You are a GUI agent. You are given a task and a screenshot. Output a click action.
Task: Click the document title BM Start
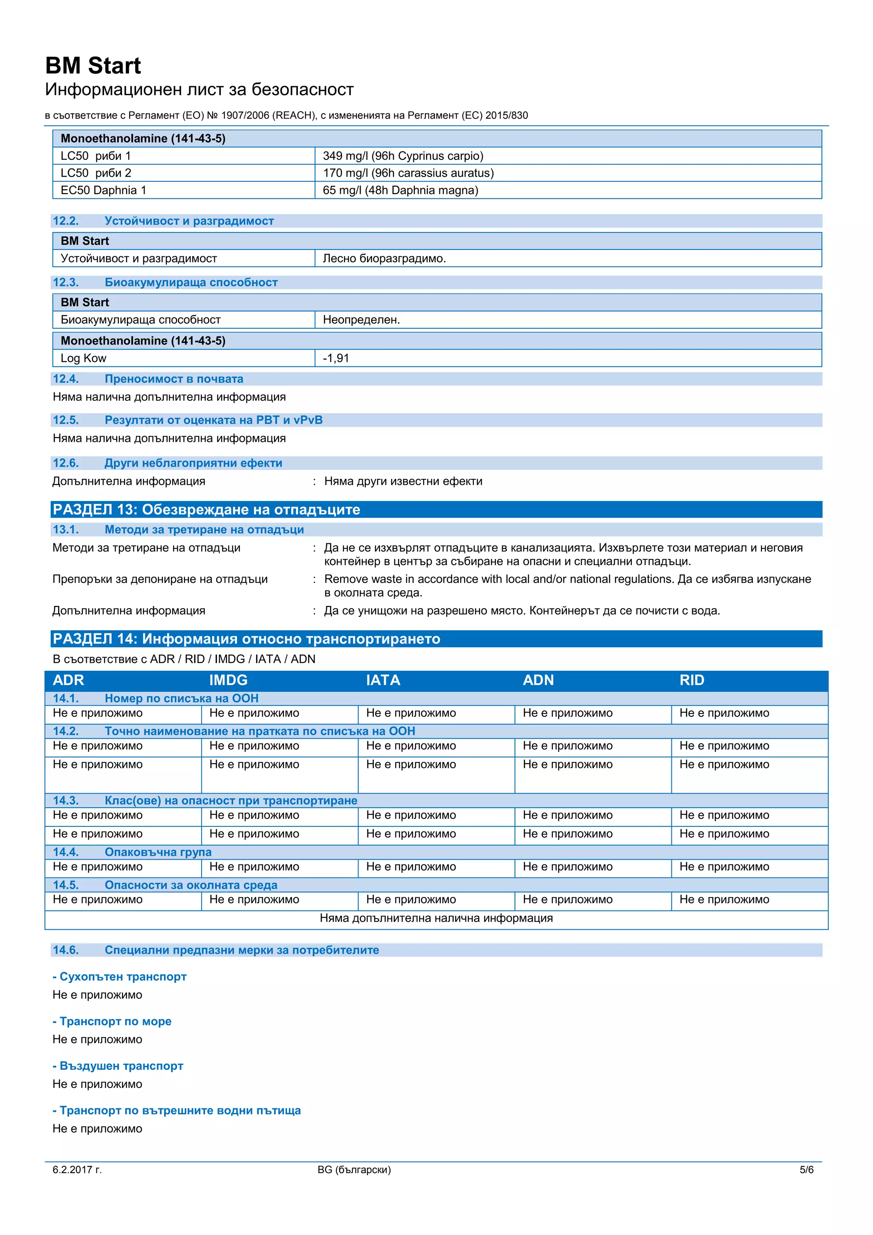[93, 66]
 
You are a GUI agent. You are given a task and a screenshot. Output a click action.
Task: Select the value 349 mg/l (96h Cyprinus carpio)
[403, 156]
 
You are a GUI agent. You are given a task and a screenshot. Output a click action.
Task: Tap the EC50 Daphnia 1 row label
[103, 191]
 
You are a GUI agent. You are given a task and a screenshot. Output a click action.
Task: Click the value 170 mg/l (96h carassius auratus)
[408, 173]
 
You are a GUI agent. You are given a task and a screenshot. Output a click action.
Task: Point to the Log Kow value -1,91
[336, 358]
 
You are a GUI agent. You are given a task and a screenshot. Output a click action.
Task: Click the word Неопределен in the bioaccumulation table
[361, 320]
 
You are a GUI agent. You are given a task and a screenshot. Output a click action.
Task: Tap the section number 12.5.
[66, 420]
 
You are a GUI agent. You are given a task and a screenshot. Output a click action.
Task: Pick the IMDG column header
[228, 681]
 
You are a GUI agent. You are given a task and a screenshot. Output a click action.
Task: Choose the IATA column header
[383, 681]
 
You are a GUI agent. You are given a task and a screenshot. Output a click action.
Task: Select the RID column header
[691, 681]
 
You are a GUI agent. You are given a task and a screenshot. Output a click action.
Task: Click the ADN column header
[538, 681]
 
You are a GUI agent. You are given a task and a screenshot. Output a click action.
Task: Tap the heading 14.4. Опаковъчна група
[132, 852]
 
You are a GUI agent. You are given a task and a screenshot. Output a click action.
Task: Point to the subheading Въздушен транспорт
[118, 1066]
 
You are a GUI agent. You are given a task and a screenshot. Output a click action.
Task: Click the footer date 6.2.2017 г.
[77, 1169]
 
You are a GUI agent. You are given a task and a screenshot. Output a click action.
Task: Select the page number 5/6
[807, 1169]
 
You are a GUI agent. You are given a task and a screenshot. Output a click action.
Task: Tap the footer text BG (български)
[354, 1169]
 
